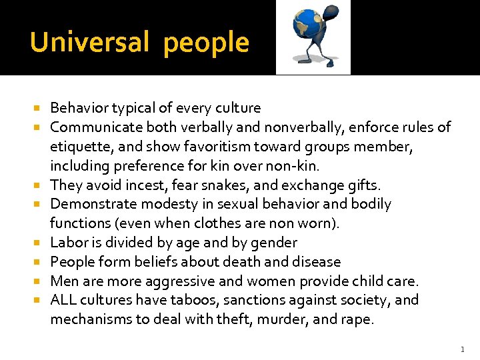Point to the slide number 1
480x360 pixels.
pos(461,349)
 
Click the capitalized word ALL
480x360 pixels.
pos(63,300)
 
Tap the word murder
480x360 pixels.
pos(278,319)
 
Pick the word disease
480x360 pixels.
pos(316,262)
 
